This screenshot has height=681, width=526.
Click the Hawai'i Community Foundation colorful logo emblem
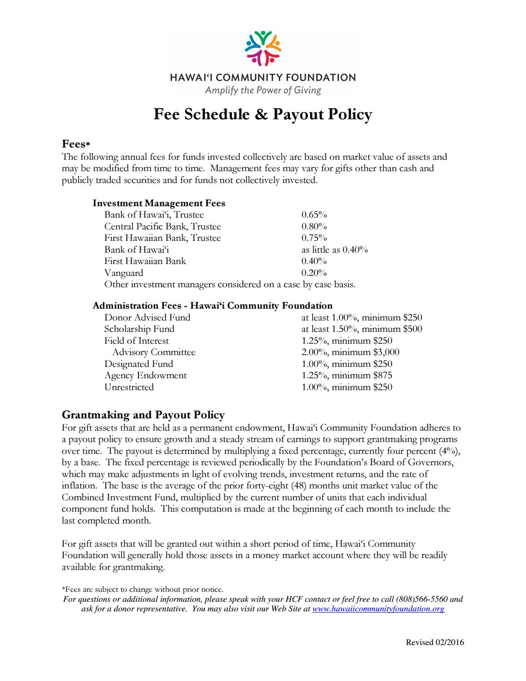pos(263,47)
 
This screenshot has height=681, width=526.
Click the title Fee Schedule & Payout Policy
pos(263,114)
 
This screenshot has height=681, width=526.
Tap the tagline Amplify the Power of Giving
pos(263,90)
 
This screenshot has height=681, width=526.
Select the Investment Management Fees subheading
pos(159,203)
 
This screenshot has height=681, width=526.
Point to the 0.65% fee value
pos(314,215)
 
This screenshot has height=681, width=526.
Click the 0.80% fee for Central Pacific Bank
pos(314,226)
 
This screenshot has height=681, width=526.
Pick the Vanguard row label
pos(123,273)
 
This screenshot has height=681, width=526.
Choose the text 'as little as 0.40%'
pos(334,249)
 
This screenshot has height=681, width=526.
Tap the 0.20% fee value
pos(314,273)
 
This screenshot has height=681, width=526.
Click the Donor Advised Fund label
pos(147,317)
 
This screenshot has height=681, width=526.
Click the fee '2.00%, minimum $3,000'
pos(350,352)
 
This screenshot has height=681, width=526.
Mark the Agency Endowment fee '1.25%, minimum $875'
pos(347,375)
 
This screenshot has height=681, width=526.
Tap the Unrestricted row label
pos(129,387)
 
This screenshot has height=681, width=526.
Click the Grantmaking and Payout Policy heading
pos(143,415)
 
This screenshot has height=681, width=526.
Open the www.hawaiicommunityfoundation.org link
pos(378,609)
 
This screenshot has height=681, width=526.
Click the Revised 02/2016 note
pos(435,642)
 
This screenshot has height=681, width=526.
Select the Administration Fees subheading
pos(212,305)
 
